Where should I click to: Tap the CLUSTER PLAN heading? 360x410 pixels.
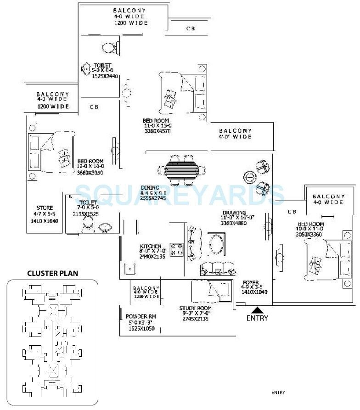[x=52, y=273]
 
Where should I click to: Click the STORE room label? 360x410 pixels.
[x=45, y=208]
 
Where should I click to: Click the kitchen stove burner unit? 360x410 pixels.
[x=176, y=250]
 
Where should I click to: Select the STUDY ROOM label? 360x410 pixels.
[x=196, y=309]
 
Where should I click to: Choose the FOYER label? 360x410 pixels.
[x=251, y=283]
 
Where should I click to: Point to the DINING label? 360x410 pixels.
[x=150, y=188]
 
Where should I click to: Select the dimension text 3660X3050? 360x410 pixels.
[x=90, y=172]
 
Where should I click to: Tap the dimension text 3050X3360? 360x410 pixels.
[x=310, y=234]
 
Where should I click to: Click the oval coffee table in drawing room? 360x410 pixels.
[x=216, y=245]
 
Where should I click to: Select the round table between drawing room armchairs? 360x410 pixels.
[x=249, y=176]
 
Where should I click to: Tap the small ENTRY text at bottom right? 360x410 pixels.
[x=278, y=393]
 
